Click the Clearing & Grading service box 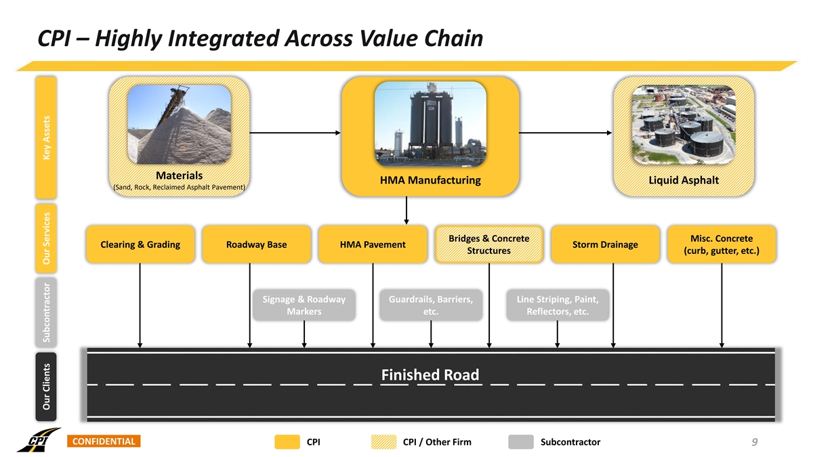(140, 244)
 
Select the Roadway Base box (256, 244)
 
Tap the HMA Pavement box (373, 244)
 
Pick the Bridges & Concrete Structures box (488, 244)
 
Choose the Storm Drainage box (605, 244)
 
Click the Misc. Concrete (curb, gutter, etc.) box (722, 244)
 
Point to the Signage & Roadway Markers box (304, 305)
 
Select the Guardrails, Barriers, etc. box (430, 305)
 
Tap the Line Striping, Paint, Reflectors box (557, 305)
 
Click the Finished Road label (430, 375)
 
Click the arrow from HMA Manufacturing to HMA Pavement (406, 210)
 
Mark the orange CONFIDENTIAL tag (102, 442)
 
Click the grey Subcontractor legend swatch (520, 442)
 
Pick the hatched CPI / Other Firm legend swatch (384, 442)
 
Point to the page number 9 (754, 442)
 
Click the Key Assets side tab (47, 136)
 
